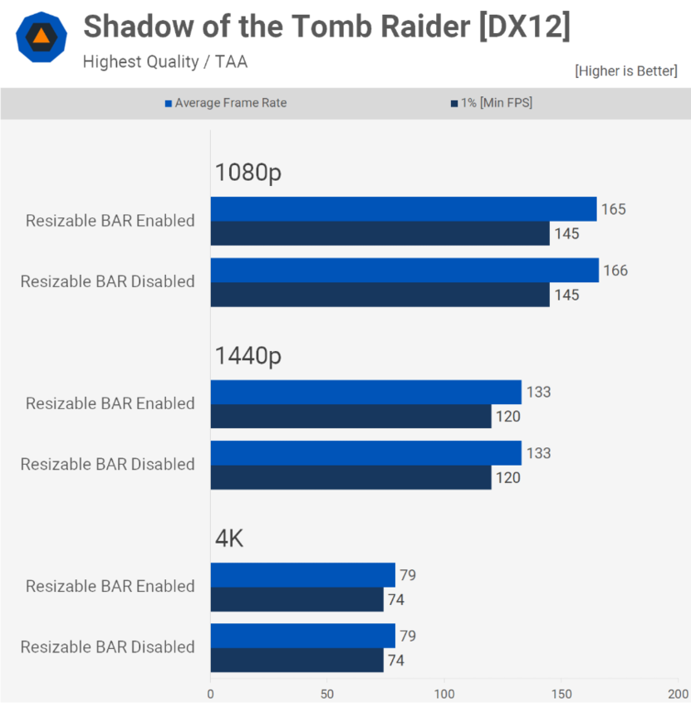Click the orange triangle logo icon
pos(40,37)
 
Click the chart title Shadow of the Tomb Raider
pos(326,27)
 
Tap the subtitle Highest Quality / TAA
pos(164,61)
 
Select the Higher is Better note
pos(625,71)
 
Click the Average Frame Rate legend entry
pos(225,103)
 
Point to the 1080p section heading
pos(249,173)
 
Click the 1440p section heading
pos(249,356)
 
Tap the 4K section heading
pos(229,539)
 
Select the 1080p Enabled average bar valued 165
pos(403,209)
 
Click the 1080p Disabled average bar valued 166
pos(404,271)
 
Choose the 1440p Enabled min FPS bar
pos(350,417)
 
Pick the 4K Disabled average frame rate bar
pos(302,636)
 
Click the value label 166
pos(615,271)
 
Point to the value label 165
pos(614,209)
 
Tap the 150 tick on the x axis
pos(561,693)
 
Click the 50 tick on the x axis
pos(327,693)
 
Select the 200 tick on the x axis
pos(678,693)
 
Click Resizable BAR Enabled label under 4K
pos(110,586)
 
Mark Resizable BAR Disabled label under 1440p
pos(108,464)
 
